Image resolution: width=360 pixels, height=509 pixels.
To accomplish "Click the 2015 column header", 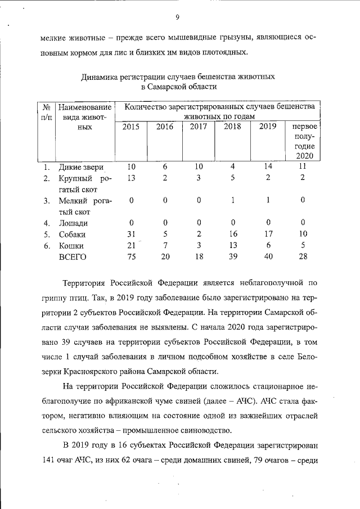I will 131,127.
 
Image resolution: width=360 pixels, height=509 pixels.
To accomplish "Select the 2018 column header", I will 232,127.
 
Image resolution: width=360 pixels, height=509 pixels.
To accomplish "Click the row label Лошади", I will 73,223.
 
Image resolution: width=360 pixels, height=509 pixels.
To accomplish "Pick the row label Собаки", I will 74,234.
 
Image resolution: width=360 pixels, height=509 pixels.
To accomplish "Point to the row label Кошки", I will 71,246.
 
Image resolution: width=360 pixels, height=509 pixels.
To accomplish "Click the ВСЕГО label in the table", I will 73,257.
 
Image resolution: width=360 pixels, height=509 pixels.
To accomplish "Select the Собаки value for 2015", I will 131,234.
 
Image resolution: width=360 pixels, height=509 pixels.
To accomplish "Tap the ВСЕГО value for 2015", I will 131,257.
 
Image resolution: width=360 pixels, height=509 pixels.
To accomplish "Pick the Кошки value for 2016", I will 165,246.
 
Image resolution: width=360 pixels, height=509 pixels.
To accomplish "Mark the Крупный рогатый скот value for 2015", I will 131,178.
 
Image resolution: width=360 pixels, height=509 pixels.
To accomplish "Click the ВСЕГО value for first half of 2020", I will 303,257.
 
